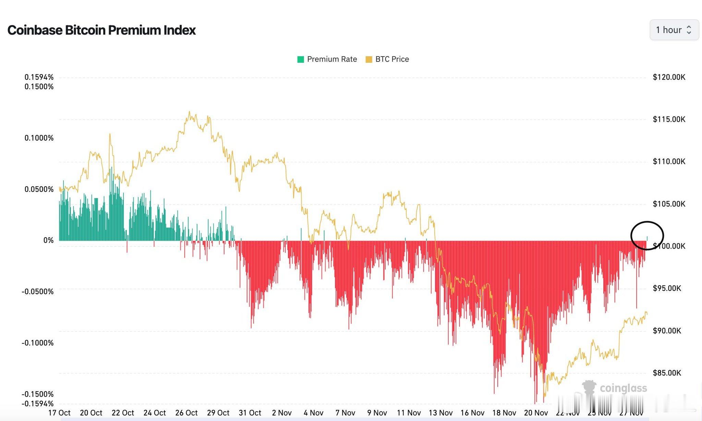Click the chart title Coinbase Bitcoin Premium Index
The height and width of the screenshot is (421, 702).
pyautogui.click(x=101, y=30)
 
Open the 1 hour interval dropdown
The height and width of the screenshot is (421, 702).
pyautogui.click(x=674, y=30)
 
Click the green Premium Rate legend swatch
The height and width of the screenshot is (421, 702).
pyautogui.click(x=301, y=59)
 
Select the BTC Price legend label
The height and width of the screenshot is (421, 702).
pyautogui.click(x=392, y=59)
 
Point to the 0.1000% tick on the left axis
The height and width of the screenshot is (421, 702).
pyautogui.click(x=39, y=138)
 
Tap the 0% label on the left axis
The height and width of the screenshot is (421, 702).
pyautogui.click(x=48, y=240)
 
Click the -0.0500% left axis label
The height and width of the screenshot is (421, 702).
pyautogui.click(x=38, y=291)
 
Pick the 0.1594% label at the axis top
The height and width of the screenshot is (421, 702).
pyautogui.click(x=39, y=77)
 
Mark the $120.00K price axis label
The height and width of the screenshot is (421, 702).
pyautogui.click(x=669, y=77)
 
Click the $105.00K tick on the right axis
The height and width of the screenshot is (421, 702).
pyautogui.click(x=669, y=204)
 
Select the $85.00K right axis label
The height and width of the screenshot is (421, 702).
pyautogui.click(x=667, y=373)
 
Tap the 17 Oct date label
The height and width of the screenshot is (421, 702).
pyautogui.click(x=59, y=413)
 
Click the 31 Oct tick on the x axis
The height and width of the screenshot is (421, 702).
pyautogui.click(x=250, y=413)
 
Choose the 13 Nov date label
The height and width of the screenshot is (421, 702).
pyautogui.click(x=441, y=413)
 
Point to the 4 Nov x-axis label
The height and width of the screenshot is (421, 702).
pyautogui.click(x=313, y=413)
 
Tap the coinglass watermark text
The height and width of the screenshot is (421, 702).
pyautogui.click(x=623, y=388)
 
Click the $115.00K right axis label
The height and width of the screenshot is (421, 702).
pyautogui.click(x=669, y=119)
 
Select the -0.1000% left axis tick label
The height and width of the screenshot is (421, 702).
pyautogui.click(x=38, y=343)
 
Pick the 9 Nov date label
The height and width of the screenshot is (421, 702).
pyautogui.click(x=377, y=413)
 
